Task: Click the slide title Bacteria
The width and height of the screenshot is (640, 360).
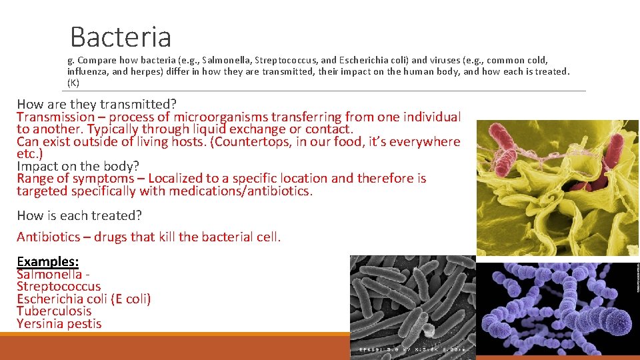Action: coord(121,37)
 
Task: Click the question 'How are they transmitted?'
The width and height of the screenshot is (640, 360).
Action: coord(97,104)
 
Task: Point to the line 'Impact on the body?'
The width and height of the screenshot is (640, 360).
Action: coord(78,166)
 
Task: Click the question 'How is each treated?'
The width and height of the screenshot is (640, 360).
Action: coord(79,215)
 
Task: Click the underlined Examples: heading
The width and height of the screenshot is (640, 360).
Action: coord(47,261)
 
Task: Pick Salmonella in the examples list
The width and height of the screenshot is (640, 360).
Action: coord(49,274)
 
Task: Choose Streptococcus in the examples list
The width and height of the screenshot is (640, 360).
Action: coord(59,287)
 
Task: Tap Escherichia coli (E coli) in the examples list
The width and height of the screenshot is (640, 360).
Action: coord(84,299)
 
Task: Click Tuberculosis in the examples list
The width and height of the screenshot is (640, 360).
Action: coord(54,311)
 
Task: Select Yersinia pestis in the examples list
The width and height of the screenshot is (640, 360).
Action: coord(59,324)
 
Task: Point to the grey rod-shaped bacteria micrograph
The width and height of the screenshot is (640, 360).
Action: coord(413,300)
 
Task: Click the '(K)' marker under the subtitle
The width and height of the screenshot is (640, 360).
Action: coord(73,83)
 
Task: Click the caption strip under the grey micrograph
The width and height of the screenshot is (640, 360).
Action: coord(413,349)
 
